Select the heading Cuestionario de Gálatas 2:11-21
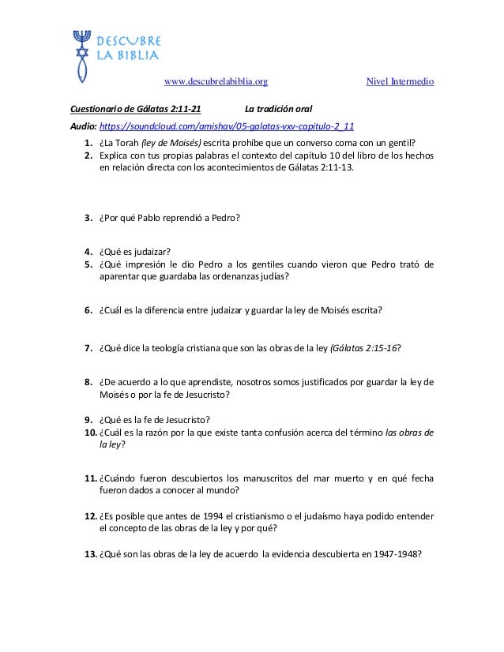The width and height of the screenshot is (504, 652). [x=135, y=109]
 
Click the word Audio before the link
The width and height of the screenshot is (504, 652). [x=83, y=126]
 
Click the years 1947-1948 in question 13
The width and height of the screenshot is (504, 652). [x=400, y=553]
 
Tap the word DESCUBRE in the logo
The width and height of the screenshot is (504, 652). [x=130, y=41]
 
